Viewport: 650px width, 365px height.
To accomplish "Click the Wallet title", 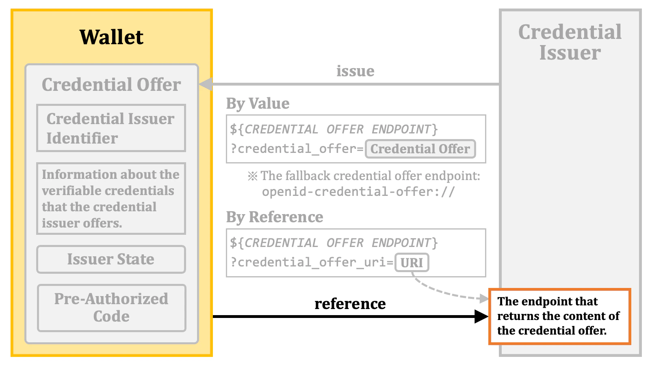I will (111, 37).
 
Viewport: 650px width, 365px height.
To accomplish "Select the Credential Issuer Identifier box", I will (111, 128).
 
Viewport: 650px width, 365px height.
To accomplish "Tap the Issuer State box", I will (111, 259).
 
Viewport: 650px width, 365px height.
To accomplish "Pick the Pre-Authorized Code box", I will (111, 308).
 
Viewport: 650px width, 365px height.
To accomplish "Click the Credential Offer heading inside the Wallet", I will (111, 85).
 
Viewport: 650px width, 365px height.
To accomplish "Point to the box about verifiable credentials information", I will (111, 199).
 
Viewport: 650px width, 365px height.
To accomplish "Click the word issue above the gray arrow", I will (355, 71).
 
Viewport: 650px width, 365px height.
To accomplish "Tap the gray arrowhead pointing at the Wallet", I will (206, 84).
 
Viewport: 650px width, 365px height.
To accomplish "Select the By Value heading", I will (258, 103).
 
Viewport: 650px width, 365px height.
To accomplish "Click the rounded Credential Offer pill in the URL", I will (420, 149).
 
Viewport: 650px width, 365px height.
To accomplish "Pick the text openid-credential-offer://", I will (358, 191).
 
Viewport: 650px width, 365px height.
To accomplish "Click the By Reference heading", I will (275, 217).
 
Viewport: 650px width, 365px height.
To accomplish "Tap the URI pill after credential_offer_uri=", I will (412, 263).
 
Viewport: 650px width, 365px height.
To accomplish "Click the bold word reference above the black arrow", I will (350, 303).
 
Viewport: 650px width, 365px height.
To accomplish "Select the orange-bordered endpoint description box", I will (559, 316).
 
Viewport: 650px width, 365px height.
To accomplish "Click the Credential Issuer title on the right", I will (570, 42).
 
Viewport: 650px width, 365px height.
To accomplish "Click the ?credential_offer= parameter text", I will (297, 149).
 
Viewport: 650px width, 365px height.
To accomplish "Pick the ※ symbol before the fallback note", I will (253, 176).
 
